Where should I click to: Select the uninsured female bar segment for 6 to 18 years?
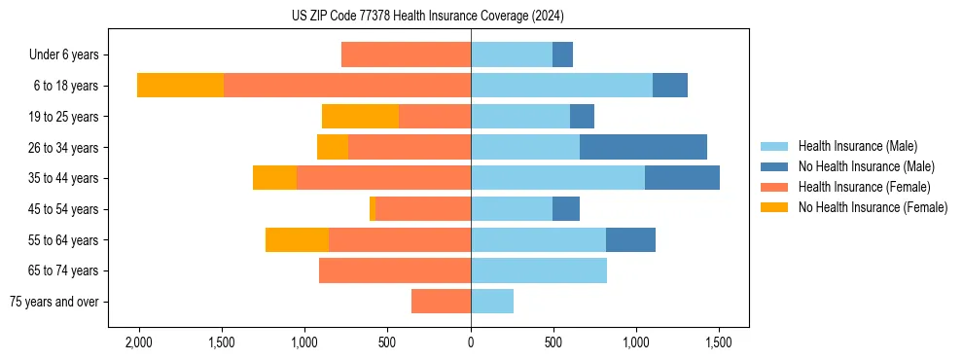tap(180, 86)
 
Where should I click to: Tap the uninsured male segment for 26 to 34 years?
tap(643, 147)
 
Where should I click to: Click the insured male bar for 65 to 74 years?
tap(538, 270)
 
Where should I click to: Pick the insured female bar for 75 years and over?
tap(441, 302)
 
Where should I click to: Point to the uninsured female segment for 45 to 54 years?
tap(373, 209)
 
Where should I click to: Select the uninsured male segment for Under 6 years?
tap(562, 54)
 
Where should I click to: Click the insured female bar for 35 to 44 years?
tap(383, 178)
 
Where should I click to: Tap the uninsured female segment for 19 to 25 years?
tap(360, 117)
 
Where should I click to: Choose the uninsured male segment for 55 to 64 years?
tap(630, 239)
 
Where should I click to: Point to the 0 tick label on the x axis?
tap(471, 342)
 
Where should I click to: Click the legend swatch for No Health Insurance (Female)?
tap(774, 207)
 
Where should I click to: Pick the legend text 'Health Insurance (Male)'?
tap(857, 146)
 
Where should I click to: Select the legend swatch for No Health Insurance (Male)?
tap(774, 166)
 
